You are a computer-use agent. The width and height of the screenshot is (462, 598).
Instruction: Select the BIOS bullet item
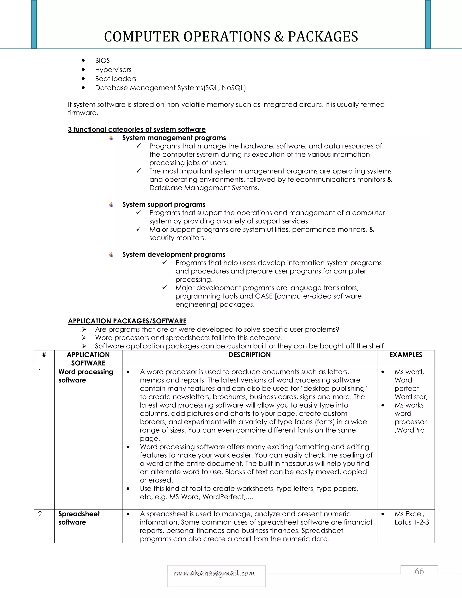click(x=102, y=60)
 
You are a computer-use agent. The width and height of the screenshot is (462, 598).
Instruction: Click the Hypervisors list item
click(x=113, y=70)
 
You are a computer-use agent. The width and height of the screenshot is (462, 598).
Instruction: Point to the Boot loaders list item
click(x=115, y=79)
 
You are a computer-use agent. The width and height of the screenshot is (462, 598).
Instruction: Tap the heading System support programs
click(x=164, y=204)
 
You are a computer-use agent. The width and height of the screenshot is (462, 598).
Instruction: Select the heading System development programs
click(x=173, y=254)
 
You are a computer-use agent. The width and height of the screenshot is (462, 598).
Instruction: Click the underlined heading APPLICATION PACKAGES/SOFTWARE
click(x=127, y=321)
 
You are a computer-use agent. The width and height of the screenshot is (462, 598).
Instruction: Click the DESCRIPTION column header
click(x=249, y=355)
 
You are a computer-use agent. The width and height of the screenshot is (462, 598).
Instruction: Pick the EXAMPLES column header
click(x=406, y=355)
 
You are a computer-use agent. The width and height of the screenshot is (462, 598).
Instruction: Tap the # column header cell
click(x=44, y=355)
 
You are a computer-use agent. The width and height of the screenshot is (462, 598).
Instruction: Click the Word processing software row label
click(x=85, y=376)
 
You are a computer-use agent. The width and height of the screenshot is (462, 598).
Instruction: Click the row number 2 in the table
click(x=40, y=514)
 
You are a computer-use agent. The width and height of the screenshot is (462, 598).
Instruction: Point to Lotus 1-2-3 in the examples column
click(x=412, y=522)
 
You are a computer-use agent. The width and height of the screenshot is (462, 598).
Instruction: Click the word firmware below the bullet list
click(x=82, y=113)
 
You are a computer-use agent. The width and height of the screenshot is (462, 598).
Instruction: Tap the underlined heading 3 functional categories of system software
click(x=136, y=129)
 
